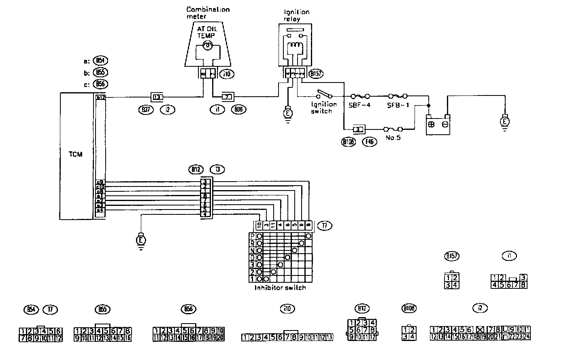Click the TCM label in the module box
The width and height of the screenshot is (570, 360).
(x=76, y=154)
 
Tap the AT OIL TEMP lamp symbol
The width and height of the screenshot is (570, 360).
(x=207, y=46)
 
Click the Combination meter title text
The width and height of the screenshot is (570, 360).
(x=208, y=13)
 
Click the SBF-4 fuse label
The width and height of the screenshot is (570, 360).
(x=359, y=104)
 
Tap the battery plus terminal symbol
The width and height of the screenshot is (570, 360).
(x=432, y=124)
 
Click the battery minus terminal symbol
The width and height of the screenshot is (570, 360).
(x=445, y=124)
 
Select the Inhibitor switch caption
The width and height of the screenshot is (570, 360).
(x=280, y=288)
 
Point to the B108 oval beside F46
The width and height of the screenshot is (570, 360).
(x=349, y=142)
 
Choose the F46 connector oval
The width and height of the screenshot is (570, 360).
(x=370, y=142)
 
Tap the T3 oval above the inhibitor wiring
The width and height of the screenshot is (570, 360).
(x=217, y=169)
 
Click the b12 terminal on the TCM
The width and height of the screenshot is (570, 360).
(x=100, y=97)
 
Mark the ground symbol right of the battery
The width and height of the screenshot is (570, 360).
(x=504, y=121)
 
